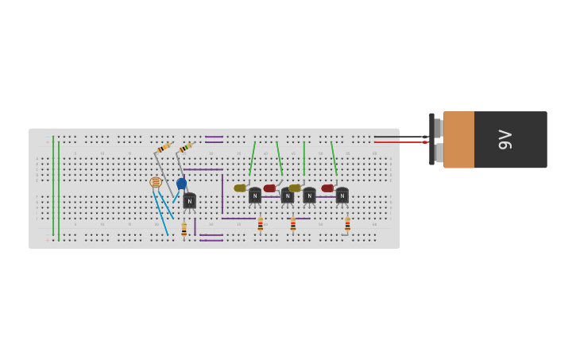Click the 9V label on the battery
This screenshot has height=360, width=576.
click(x=504, y=140)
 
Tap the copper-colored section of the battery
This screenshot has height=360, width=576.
click(x=458, y=140)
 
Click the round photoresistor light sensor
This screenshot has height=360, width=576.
click(x=156, y=182)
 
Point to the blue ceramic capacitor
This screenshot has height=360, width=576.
click(x=182, y=184)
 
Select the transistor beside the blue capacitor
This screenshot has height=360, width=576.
click(x=189, y=201)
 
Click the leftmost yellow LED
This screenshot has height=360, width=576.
click(x=240, y=188)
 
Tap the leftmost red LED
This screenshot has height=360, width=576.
click(x=269, y=188)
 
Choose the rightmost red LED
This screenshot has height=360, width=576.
click(x=327, y=188)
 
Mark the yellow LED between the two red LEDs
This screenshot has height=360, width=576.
click(x=295, y=188)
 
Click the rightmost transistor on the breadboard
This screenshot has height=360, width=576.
click(x=342, y=195)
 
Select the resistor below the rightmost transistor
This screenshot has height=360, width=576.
click(x=347, y=225)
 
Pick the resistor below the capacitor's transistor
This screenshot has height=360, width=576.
click(x=184, y=229)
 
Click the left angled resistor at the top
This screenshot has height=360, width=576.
click(x=164, y=148)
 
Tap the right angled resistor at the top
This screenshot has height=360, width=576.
click(x=186, y=148)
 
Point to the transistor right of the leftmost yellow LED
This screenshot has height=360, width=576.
click(x=254, y=195)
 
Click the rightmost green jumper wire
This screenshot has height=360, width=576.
click(x=334, y=158)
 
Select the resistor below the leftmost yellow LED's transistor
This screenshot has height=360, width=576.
click(x=260, y=225)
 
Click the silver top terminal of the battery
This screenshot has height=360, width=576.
click(x=438, y=127)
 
